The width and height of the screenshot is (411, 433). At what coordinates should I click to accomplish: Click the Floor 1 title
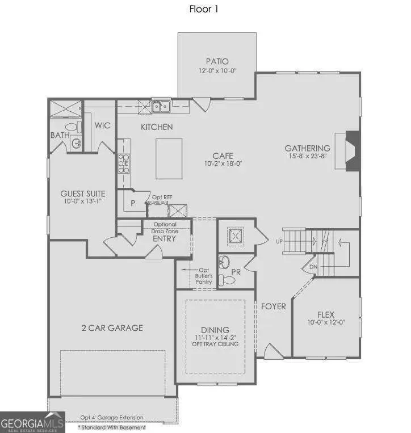point(203,9)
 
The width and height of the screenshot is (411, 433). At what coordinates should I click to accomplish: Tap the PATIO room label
point(217,61)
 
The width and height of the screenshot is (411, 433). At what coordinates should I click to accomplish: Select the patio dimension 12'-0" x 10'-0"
point(217,72)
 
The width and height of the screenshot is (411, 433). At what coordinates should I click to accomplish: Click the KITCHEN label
point(157,127)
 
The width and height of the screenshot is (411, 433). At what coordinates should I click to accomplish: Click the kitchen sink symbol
point(161,106)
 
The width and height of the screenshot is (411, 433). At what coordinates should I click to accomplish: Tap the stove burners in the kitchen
point(123,164)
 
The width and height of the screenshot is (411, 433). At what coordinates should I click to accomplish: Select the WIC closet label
point(102,125)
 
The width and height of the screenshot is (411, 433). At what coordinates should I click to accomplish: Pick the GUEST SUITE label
point(83,193)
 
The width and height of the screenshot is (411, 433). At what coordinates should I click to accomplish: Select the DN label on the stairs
point(312,267)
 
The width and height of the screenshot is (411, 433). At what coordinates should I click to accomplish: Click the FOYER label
point(273,306)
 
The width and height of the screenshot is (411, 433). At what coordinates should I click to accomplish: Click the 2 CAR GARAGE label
point(111,327)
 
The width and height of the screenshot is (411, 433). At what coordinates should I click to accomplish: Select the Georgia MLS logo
point(32,422)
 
